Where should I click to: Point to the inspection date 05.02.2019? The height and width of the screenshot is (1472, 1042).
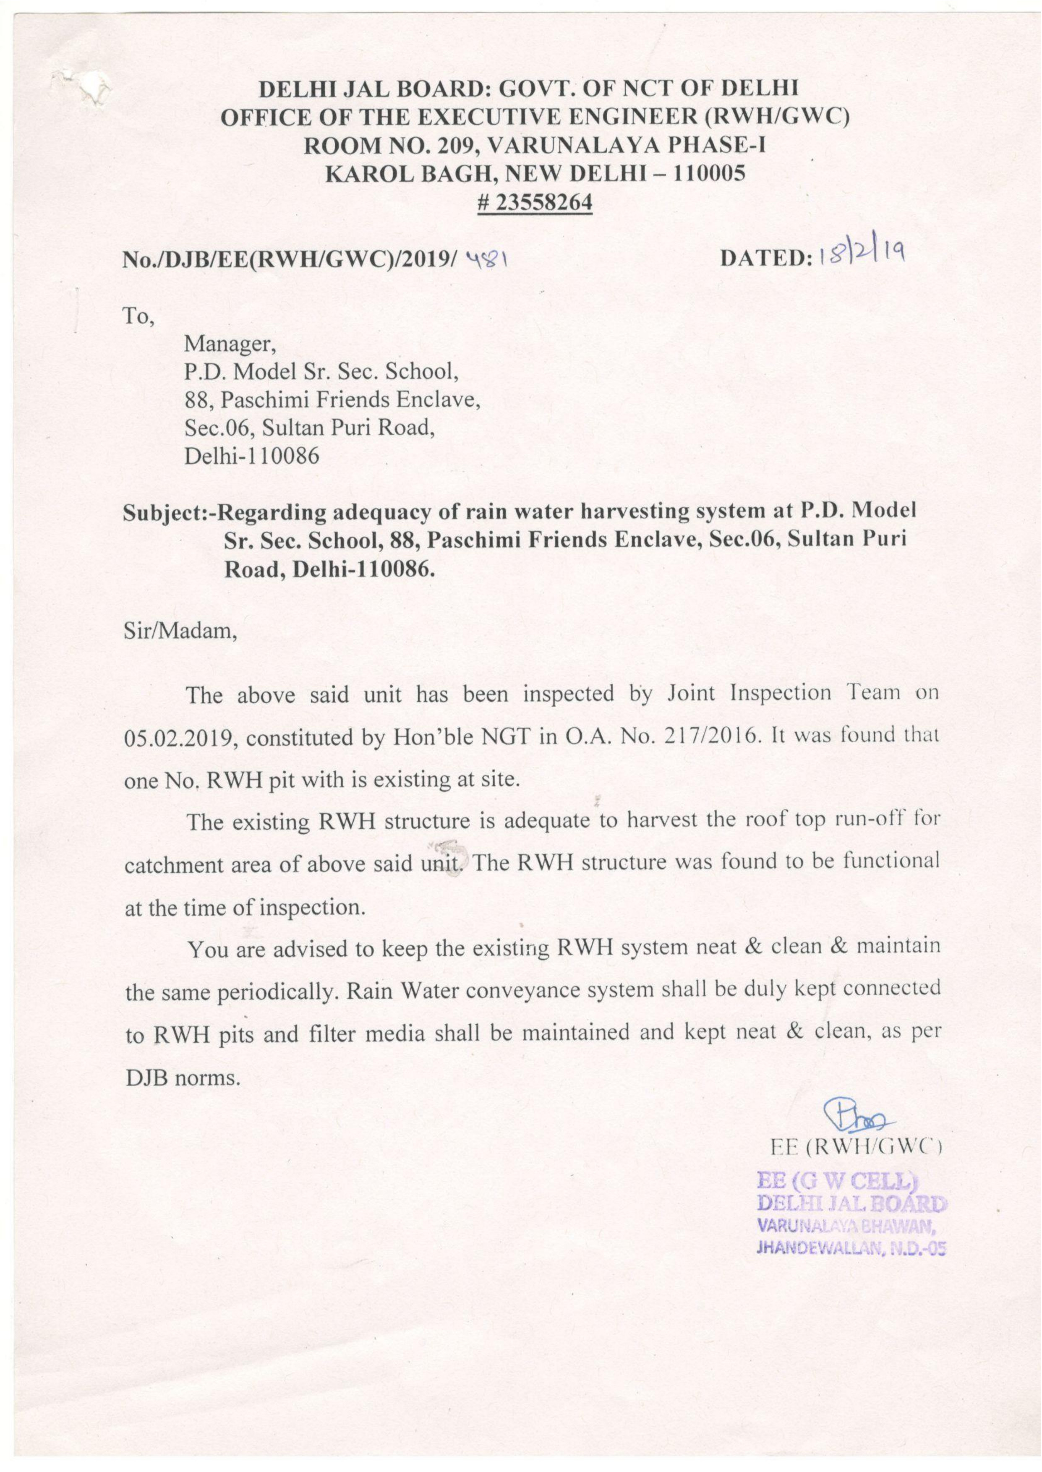point(178,739)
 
